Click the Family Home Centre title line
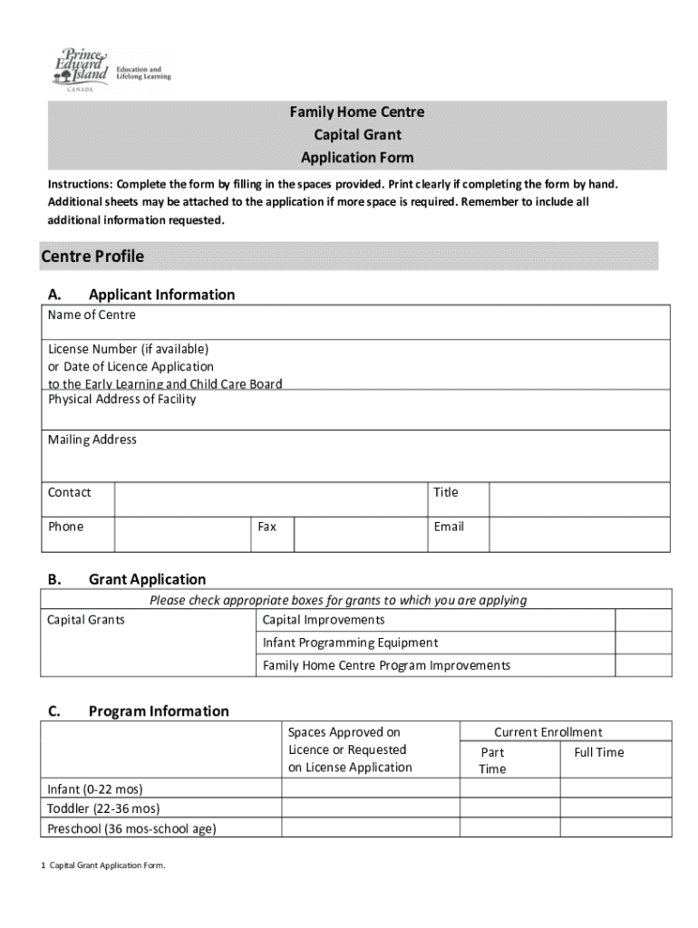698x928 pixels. coord(357,112)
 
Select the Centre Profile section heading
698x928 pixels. coord(92,256)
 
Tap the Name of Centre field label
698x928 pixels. coord(92,314)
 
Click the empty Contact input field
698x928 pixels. coord(270,499)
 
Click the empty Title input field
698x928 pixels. coord(579,499)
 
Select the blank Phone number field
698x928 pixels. coord(181,534)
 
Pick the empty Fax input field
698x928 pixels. coord(359,534)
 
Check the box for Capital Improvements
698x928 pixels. coord(643,620)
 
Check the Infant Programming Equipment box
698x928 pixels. coord(643,643)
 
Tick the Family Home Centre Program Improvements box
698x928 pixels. coord(643,665)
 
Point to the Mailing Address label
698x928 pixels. coord(92,440)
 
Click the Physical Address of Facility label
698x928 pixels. coord(121,400)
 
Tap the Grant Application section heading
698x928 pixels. coord(147,579)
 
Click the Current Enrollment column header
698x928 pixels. coord(548,732)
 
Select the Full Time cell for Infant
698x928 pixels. coord(616,788)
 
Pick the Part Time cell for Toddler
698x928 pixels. coord(509,808)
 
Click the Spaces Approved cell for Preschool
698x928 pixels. coord(370,828)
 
